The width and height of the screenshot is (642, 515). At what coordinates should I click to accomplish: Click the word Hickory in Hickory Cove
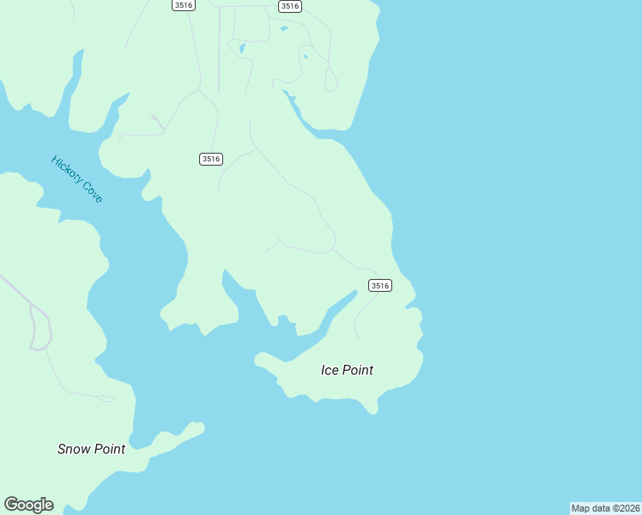coord(66,168)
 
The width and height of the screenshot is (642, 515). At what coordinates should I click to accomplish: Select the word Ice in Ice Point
coord(330,370)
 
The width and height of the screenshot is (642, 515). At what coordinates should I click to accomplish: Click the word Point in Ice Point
coord(358,370)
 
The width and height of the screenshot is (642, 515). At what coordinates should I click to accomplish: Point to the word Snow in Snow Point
coord(75,449)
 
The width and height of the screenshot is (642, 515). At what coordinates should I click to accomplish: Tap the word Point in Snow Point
coord(110,449)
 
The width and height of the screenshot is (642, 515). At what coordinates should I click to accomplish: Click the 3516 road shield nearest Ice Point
coord(380,285)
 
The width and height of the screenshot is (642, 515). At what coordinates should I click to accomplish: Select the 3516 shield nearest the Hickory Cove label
coord(211,159)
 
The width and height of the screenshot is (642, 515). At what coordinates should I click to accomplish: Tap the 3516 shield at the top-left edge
coord(183,5)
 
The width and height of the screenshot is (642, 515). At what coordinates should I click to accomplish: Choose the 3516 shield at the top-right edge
coord(290,6)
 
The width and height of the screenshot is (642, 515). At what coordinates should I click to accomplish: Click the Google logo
coord(28,505)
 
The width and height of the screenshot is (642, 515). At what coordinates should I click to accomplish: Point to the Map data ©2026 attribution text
coord(604,508)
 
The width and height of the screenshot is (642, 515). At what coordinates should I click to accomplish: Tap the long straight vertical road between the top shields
coord(219,51)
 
